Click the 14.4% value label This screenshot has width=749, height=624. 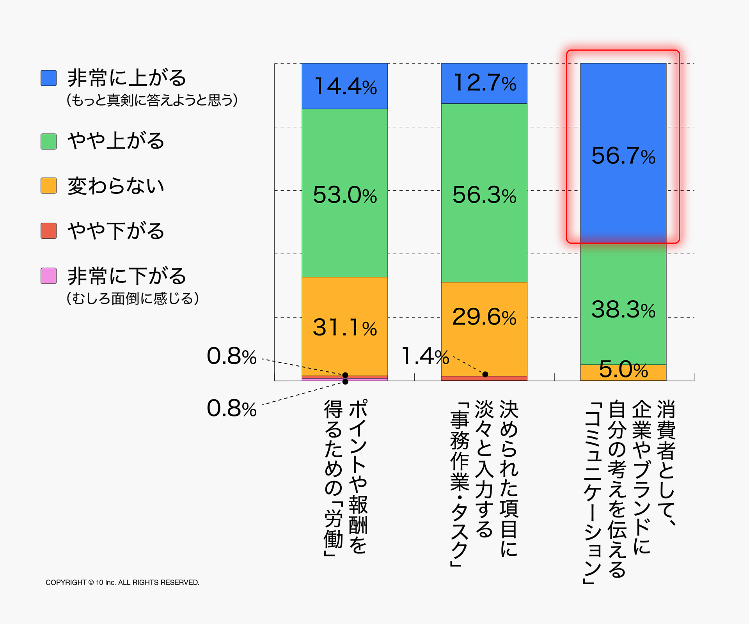click(345, 86)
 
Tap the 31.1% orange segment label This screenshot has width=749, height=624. click(345, 327)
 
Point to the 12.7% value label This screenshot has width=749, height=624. click(485, 83)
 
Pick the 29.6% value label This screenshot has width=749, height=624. click(484, 317)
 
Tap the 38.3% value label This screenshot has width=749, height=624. click(623, 310)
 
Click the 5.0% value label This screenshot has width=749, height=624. click(623, 369)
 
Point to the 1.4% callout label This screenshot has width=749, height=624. click(425, 356)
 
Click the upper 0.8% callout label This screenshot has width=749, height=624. click(232, 356)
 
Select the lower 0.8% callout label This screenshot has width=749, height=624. click(232, 408)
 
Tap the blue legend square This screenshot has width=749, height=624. click(49, 78)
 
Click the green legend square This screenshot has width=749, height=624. click(49, 141)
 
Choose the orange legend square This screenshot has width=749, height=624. click(49, 186)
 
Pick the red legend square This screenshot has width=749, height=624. click(49, 230)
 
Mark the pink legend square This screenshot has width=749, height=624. click(49, 276)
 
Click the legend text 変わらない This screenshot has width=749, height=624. click(116, 186)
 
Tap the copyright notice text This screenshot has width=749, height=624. click(122, 582)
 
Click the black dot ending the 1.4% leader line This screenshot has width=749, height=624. click(485, 374)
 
